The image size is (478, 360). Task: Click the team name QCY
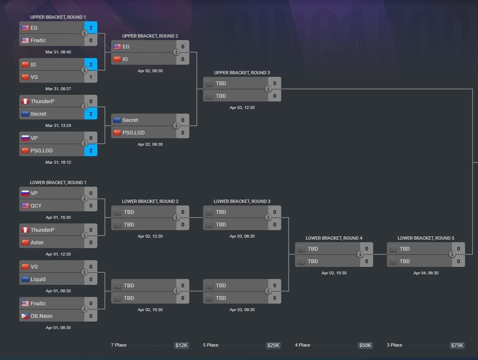coord(36,206)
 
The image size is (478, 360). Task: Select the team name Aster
coord(37,243)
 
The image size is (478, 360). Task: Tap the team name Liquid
coord(38,279)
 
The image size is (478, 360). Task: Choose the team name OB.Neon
coord(41,316)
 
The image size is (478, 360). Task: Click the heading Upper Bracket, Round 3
coord(242,73)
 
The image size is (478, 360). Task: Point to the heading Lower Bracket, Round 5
coord(426,238)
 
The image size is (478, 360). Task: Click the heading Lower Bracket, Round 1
coord(58,183)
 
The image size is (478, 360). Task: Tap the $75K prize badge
coord(457,345)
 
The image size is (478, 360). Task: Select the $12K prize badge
coord(181,345)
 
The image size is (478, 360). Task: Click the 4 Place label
coord(303,345)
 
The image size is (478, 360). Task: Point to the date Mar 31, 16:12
coord(58,162)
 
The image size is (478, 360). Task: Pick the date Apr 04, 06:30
coord(426,273)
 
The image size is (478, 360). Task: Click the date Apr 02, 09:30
coord(150,145)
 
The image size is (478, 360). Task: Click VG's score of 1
coord(91,77)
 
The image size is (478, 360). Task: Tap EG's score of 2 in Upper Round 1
coord(91,28)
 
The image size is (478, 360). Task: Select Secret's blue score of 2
coord(91,114)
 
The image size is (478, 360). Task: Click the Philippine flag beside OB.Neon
coord(25,316)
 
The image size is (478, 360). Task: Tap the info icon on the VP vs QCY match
coord(84,199)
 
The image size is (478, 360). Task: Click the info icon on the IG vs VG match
coord(84,70)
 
